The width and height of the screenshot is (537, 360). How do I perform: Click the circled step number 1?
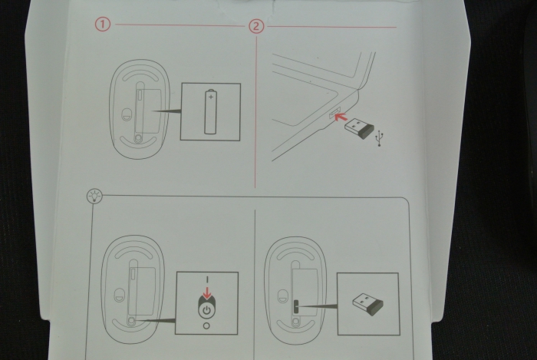point(102,25)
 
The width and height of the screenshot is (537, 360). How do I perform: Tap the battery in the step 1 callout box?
point(211,112)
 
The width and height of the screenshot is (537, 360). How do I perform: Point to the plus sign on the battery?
point(211,98)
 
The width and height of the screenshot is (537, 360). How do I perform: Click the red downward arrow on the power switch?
point(206,291)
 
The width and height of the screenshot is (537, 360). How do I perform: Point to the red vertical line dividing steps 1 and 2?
point(255,115)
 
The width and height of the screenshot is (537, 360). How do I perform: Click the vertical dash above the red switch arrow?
point(206,278)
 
